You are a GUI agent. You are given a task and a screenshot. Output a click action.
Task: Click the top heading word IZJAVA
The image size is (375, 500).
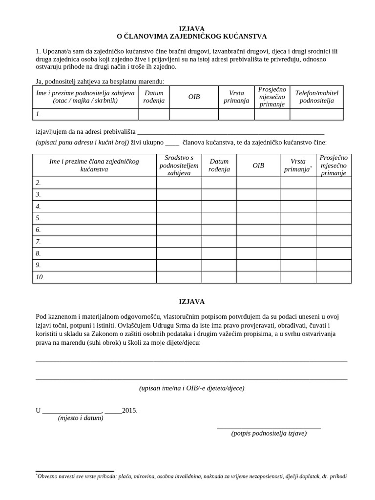tap(191, 29)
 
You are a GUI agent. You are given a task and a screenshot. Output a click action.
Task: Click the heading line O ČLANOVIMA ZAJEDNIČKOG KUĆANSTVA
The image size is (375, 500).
tap(191, 37)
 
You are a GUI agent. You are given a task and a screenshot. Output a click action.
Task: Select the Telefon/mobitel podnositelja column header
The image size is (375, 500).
tap(316, 97)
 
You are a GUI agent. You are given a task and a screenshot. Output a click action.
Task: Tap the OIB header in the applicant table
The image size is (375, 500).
tap(194, 97)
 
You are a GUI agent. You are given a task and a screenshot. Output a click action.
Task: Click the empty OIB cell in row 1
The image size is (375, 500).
tap(194, 114)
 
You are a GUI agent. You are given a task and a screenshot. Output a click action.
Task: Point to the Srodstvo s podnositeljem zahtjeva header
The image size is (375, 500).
tap(179, 166)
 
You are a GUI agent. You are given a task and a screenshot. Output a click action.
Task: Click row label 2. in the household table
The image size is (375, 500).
tap(38, 183)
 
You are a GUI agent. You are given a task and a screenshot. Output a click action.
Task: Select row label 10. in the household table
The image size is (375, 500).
tap(40, 277)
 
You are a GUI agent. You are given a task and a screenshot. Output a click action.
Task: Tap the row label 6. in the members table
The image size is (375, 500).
tap(38, 230)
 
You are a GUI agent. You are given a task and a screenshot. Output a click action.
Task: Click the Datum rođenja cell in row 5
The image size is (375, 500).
tap(219, 218)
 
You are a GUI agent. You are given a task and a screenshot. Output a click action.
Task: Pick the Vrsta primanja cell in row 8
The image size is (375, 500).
tap(297, 253)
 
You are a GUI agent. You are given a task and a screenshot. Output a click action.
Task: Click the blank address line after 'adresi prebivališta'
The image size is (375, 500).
tap(230, 132)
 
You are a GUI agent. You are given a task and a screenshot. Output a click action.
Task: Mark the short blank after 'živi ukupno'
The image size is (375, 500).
tap(172, 143)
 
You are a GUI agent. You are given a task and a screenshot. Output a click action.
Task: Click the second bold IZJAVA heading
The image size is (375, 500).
tap(191, 301)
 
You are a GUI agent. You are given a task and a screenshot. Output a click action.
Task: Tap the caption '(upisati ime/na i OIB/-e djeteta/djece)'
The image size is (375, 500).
tap(191, 388)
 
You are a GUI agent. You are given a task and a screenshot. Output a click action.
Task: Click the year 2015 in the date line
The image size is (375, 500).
tap(129, 410)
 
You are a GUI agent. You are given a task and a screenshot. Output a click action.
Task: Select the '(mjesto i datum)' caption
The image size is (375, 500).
tap(81, 418)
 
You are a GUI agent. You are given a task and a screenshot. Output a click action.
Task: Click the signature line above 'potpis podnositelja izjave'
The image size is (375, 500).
tap(269, 427)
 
